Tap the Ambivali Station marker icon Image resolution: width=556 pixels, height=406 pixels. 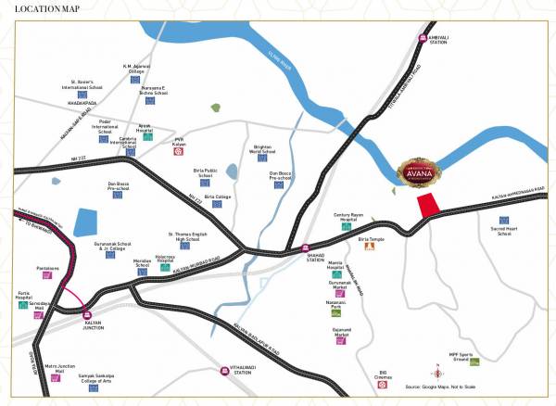click(x=423, y=39)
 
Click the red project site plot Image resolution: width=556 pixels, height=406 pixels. click(x=429, y=206)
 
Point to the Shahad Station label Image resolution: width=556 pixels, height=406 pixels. click(x=305, y=260)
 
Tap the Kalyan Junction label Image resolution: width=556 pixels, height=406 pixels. click(x=84, y=326)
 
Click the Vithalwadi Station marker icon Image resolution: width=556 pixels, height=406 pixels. click(x=224, y=371)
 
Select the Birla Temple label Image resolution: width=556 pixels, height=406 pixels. click(x=370, y=238)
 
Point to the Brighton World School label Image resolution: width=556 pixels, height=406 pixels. click(x=264, y=149)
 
